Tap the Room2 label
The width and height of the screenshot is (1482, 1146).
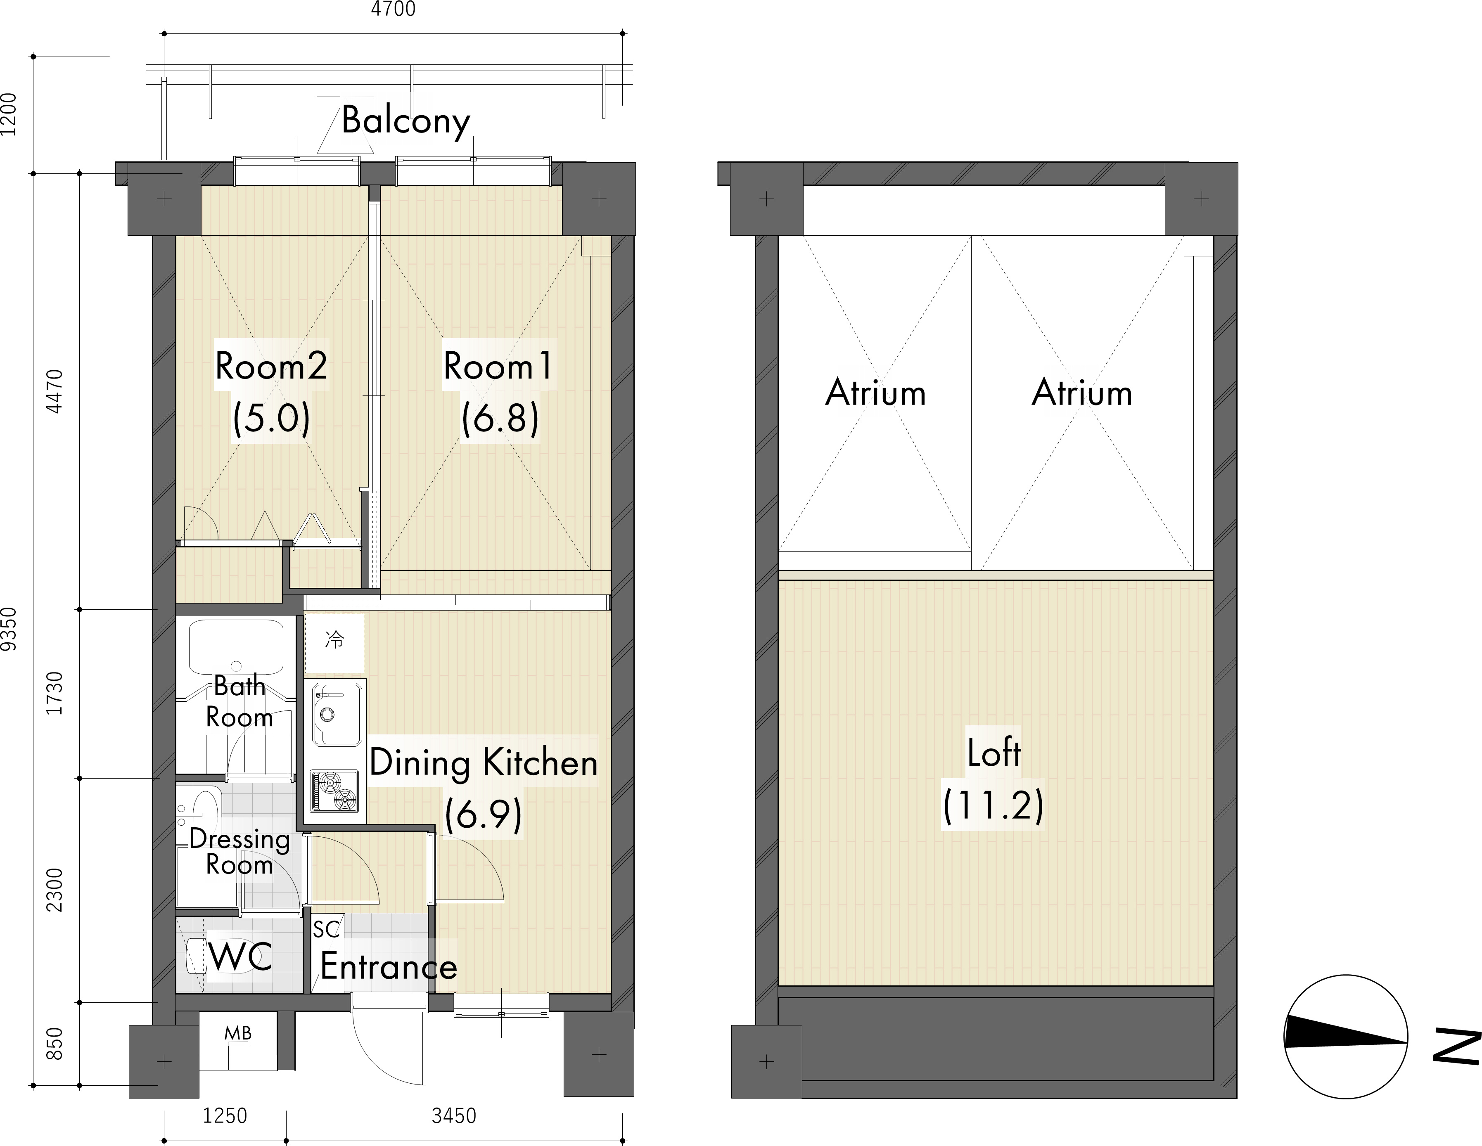pos(271,367)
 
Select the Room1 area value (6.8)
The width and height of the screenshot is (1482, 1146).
pos(500,418)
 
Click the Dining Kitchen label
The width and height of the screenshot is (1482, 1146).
pos(483,762)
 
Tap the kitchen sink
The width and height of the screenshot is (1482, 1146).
pos(335,714)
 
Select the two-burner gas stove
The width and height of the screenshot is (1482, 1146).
pos(334,791)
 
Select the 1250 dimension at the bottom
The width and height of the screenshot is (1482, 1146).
pos(225,1116)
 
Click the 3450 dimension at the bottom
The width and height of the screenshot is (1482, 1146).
pos(454,1116)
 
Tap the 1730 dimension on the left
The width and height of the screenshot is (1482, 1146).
pos(54,693)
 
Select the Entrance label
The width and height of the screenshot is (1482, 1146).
pos(389,967)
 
